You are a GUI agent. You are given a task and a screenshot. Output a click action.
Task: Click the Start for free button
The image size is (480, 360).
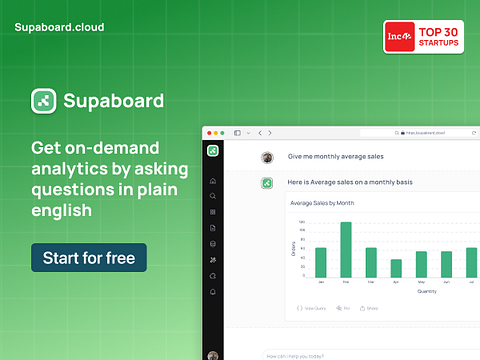click(x=89, y=257)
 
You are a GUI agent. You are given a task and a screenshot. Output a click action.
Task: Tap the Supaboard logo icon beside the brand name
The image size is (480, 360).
click(x=43, y=101)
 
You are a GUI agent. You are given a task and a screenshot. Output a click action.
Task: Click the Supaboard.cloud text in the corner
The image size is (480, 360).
click(x=59, y=27)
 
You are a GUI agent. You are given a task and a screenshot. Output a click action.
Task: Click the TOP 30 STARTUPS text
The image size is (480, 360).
click(x=440, y=38)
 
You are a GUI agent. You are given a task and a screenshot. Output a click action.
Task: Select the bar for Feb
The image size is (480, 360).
click(x=346, y=250)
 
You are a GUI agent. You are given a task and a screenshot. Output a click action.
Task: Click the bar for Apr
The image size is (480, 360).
click(x=396, y=268)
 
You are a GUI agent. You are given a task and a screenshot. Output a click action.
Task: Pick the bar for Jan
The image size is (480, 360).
click(x=321, y=262)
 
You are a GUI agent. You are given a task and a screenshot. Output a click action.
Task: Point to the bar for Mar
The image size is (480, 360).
click(x=371, y=262)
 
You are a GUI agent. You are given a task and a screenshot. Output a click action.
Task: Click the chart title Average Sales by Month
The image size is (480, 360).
click(x=322, y=203)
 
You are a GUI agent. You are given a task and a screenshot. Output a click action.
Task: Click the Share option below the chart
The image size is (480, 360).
click(x=370, y=308)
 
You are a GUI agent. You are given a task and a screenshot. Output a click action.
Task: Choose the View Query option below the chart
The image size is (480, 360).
click(x=312, y=308)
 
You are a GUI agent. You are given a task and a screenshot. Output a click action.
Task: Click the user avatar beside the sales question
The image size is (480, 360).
click(x=267, y=157)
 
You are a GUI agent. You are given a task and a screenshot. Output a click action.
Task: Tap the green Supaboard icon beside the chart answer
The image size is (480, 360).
click(x=267, y=182)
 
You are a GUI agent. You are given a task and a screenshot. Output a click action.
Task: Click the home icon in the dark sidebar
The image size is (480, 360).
click(x=213, y=180)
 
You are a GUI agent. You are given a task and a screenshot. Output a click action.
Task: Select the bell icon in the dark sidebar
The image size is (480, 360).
click(x=213, y=291)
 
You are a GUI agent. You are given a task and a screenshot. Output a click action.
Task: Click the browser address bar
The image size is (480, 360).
click(x=420, y=132)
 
